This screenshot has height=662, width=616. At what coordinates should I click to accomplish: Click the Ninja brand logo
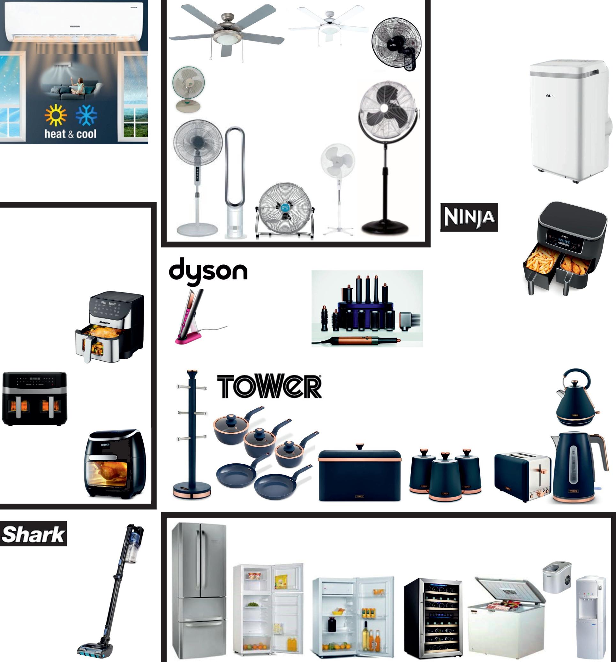tap(469, 217)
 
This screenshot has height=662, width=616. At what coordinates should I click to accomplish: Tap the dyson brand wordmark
tap(208, 271)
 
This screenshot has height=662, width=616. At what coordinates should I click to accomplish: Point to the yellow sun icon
tap(56, 115)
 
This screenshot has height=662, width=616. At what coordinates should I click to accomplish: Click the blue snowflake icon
tap(86, 115)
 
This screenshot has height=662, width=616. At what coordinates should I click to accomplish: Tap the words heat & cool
tap(70, 134)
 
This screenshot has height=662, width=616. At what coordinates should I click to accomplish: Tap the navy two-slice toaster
tap(522, 476)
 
